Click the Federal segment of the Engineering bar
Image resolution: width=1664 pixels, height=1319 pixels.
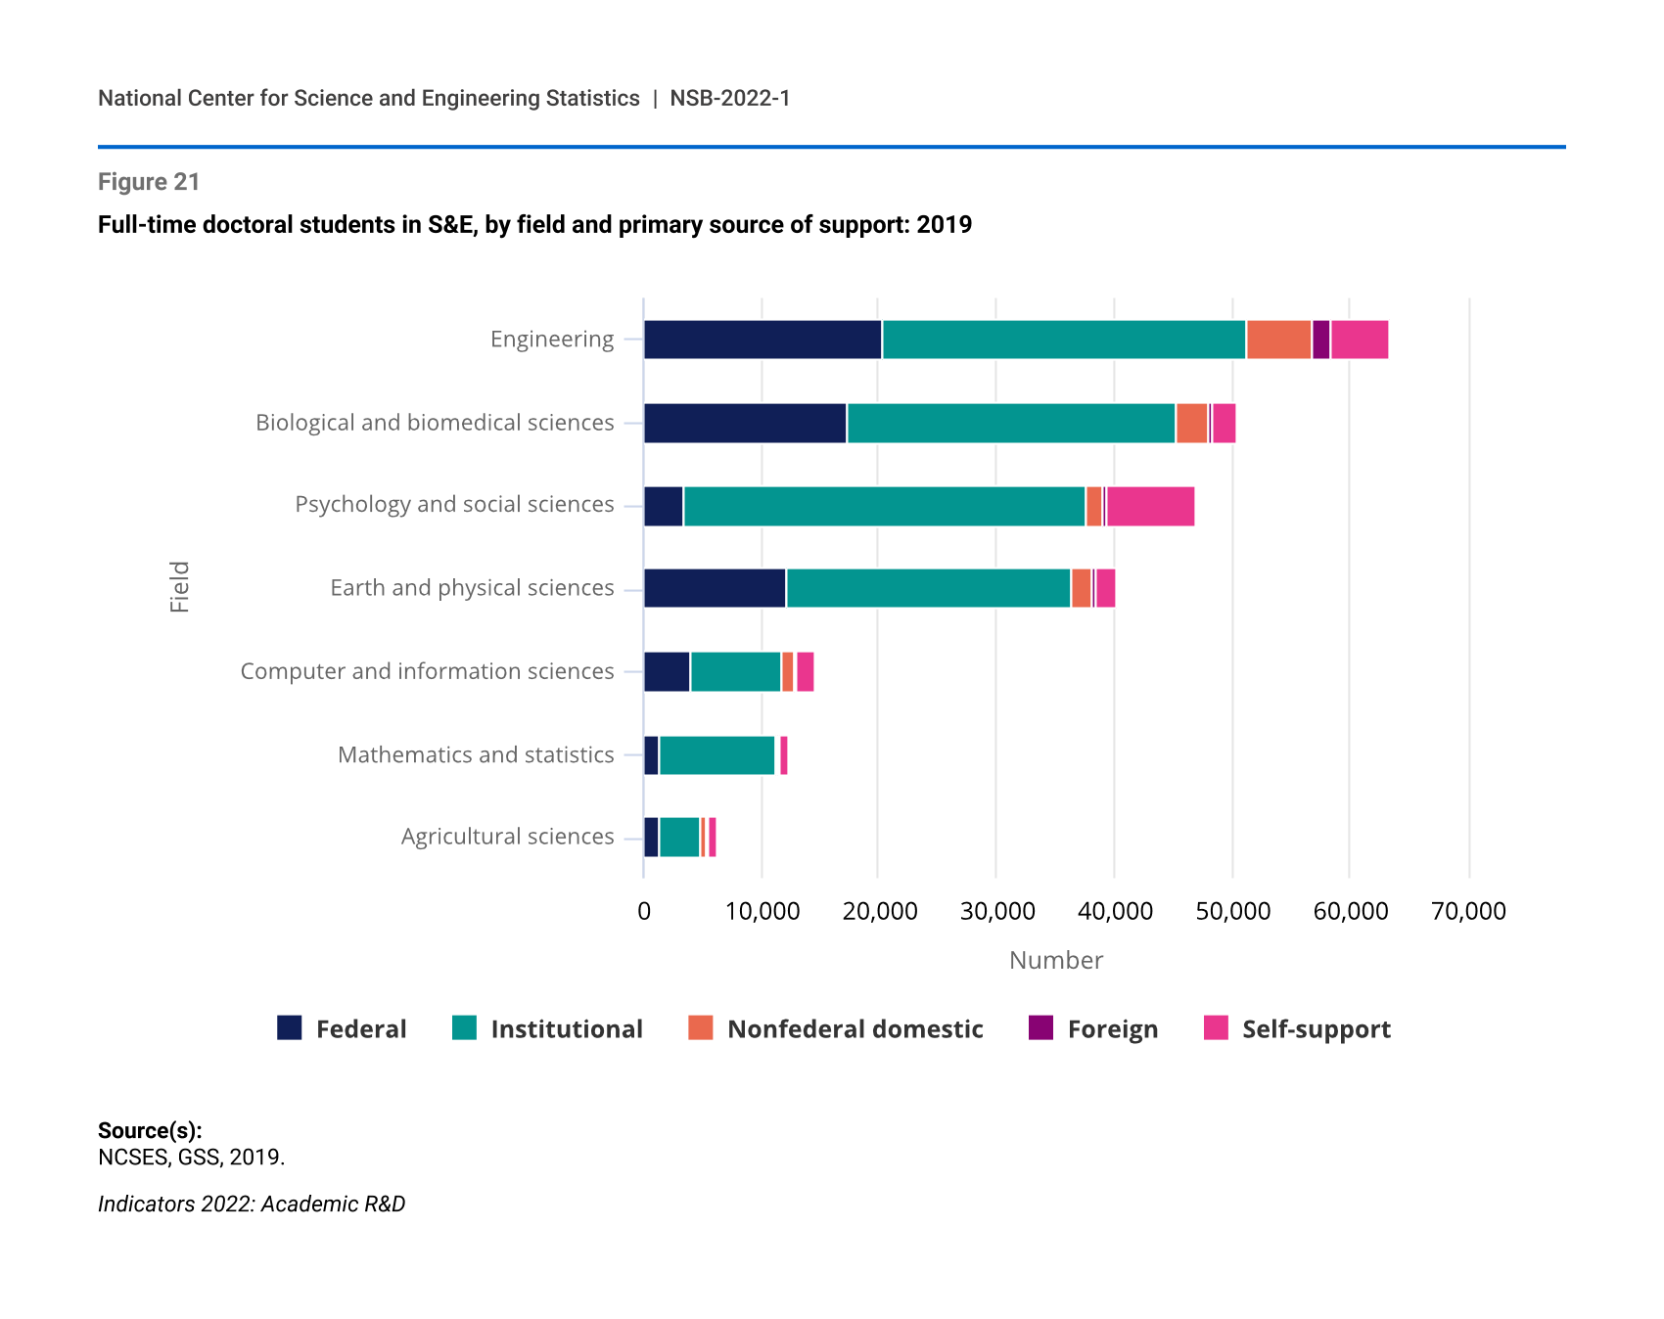tap(763, 340)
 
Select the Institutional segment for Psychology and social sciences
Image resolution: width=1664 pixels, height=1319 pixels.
tap(884, 506)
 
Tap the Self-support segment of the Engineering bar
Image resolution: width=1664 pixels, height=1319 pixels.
tap(1359, 340)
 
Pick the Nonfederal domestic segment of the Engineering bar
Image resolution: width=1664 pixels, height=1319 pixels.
tap(1278, 340)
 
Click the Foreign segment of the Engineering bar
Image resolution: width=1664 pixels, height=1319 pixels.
tap(1320, 340)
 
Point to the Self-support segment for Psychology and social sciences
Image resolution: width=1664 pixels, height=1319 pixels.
tap(1150, 506)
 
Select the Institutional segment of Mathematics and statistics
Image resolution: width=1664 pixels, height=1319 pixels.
tap(716, 755)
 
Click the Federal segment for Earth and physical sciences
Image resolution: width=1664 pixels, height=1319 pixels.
tap(715, 588)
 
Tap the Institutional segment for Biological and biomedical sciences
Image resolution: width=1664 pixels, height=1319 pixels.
tap(1010, 423)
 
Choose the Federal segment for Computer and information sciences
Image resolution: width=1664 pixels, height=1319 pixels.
tap(667, 671)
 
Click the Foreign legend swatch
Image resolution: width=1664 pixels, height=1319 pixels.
tap(1040, 1027)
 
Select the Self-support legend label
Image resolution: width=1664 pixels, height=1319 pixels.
tap(1316, 1029)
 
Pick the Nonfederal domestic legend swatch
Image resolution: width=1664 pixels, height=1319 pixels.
tap(700, 1027)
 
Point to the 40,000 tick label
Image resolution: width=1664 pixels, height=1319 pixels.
tap(1115, 912)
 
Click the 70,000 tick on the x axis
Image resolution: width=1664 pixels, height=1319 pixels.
tap(1468, 912)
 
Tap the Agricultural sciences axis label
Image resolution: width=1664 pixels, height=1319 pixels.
tap(507, 837)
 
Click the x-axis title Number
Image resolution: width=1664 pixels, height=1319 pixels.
tap(1055, 961)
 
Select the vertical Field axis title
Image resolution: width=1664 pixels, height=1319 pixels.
tap(180, 587)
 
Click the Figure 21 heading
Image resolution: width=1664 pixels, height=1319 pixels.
tap(149, 182)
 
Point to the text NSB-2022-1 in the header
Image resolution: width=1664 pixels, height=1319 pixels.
tap(729, 99)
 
